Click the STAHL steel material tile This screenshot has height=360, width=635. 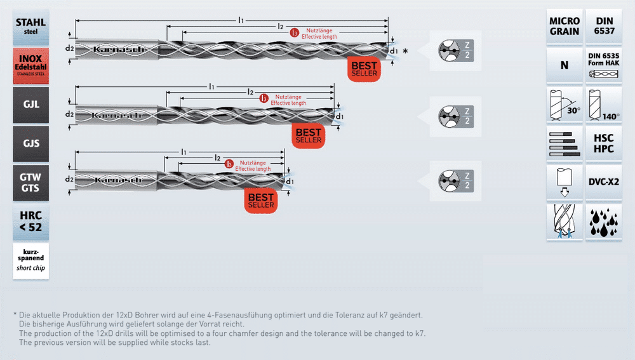tap(30, 27)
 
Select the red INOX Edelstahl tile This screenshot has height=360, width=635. tap(30, 66)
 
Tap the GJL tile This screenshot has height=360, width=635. tap(30, 105)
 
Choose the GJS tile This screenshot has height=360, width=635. tap(30, 143)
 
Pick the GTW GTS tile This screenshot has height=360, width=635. tap(30, 183)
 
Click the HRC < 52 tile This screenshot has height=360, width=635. tap(30, 222)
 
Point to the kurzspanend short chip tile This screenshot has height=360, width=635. tap(30, 261)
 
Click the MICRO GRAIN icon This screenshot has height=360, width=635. tap(565, 26)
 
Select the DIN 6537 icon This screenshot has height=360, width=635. tap(604, 26)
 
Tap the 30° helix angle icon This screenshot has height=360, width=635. tap(565, 105)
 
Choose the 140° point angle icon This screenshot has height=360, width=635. tap(604, 105)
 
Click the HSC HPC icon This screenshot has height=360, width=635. tap(604, 143)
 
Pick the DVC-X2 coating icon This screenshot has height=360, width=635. tap(604, 182)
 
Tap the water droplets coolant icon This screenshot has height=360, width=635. tap(604, 222)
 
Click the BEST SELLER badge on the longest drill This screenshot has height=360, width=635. tap(364, 69)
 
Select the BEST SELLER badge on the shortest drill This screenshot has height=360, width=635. tap(261, 201)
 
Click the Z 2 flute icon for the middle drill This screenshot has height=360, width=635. tap(456, 116)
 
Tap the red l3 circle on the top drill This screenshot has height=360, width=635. tap(295, 33)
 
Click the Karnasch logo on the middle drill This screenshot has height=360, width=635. tap(117, 116)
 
